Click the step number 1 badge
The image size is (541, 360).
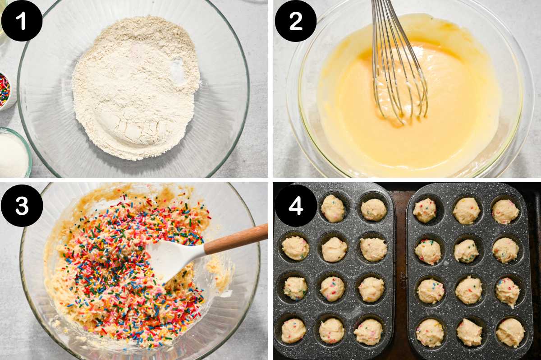click(22, 20)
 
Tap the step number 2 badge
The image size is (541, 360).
click(296, 21)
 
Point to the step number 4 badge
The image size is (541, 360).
click(296, 205)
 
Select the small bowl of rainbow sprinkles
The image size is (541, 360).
click(5, 90)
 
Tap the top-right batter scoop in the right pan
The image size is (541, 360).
click(505, 211)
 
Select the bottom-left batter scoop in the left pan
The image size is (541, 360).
click(293, 331)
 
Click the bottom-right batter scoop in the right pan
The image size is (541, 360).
click(510, 332)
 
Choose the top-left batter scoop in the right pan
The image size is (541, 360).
click(425, 210)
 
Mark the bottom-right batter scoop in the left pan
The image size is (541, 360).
click(369, 332)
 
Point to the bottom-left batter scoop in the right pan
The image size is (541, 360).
click(430, 332)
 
